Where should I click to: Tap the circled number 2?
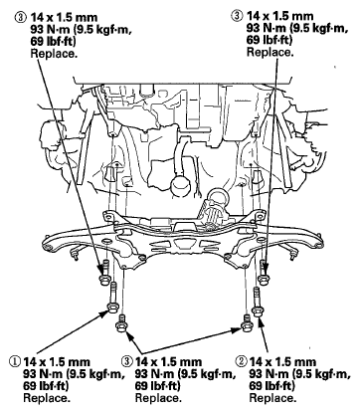(x=241, y=361)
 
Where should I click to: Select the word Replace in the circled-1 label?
(x=47, y=398)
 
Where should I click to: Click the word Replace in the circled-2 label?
(x=272, y=398)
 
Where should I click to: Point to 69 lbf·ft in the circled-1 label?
(x=46, y=386)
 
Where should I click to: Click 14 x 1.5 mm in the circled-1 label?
(x=57, y=361)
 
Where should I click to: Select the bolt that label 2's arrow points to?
(x=257, y=303)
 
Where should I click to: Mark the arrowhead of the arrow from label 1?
(x=105, y=312)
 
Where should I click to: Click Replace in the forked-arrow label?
(x=158, y=398)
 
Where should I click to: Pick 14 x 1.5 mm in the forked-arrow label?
(x=168, y=361)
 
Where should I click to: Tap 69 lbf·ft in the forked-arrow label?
(x=158, y=386)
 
